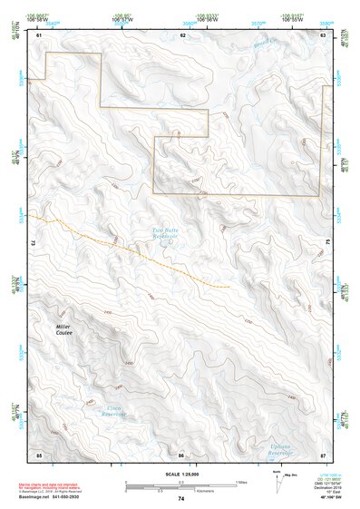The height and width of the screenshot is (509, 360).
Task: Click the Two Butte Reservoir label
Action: [164, 233]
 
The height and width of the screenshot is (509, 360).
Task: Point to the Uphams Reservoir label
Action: [279, 449]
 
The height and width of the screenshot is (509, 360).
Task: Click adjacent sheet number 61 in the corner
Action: [39, 34]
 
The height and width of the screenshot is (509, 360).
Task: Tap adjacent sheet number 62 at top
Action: [183, 34]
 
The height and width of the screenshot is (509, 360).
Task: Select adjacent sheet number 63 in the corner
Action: [324, 34]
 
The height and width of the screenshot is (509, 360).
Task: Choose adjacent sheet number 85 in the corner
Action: [39, 454]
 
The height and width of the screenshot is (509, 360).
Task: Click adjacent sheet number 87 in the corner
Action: [324, 454]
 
